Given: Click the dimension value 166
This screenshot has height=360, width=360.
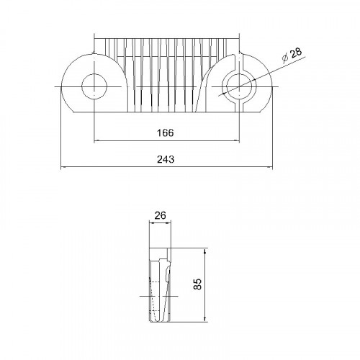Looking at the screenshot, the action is [166, 132].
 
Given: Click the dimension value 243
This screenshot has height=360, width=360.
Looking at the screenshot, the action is [166, 159].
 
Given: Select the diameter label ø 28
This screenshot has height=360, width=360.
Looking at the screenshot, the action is [292, 55].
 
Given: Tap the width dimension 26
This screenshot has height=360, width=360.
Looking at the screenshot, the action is [160, 215].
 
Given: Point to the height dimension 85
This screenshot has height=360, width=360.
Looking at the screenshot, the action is [197, 284].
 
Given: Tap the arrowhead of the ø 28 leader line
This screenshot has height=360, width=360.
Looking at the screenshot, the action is [225, 94].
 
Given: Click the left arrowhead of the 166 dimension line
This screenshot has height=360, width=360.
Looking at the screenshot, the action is [96, 141].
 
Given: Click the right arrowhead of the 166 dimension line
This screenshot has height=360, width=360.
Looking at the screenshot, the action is [237, 141].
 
